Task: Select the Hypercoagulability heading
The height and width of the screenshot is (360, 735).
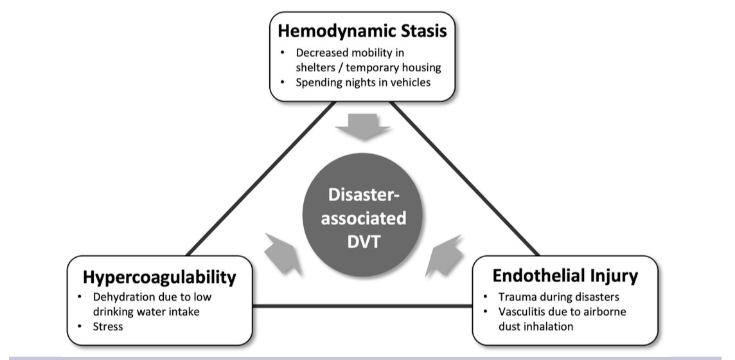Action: coord(159,277)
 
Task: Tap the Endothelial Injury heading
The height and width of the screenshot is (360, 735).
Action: coord(565,276)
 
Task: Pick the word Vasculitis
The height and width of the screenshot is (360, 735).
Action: coord(523,312)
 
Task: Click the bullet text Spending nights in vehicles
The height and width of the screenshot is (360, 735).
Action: coord(363,82)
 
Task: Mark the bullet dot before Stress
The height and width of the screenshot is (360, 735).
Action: coord(79,326)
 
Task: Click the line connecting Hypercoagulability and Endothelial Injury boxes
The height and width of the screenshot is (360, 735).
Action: coord(363,305)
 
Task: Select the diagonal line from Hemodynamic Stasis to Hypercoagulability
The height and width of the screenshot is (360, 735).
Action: coord(260,178)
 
